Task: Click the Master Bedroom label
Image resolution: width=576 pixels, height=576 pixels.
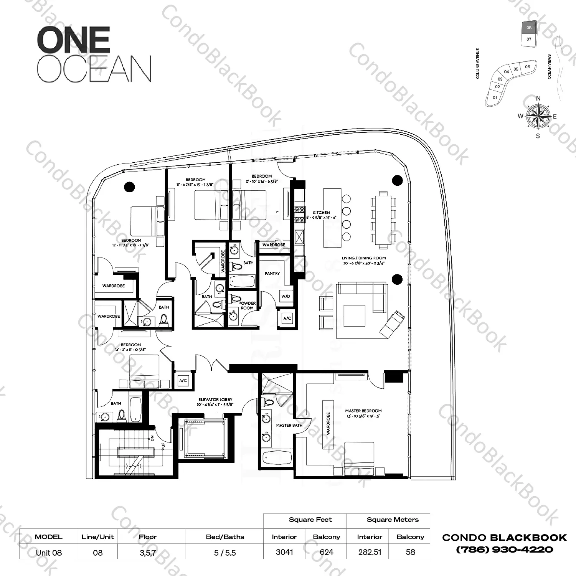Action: (x=363, y=411)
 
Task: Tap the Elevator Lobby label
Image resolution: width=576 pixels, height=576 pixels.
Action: (x=215, y=399)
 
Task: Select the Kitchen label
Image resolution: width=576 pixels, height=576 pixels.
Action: (x=321, y=212)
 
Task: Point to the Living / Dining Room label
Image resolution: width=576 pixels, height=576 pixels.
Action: (x=364, y=258)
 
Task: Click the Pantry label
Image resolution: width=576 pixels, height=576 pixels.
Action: (x=272, y=273)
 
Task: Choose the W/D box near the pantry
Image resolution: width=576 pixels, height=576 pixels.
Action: (x=286, y=296)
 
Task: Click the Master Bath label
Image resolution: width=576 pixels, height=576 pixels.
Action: (x=289, y=425)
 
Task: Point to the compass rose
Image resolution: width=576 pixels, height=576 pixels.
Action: (x=538, y=116)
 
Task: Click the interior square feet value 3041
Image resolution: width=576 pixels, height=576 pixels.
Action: (x=284, y=552)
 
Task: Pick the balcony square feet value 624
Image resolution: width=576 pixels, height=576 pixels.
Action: (x=326, y=552)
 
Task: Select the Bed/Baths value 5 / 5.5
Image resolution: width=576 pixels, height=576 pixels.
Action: (x=225, y=552)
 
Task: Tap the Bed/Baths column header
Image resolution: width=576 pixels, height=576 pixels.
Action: (x=225, y=537)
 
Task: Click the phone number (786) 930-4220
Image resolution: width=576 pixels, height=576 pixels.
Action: (x=504, y=550)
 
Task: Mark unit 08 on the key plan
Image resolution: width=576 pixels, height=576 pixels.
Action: (x=529, y=28)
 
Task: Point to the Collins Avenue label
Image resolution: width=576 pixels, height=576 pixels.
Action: (x=478, y=63)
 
